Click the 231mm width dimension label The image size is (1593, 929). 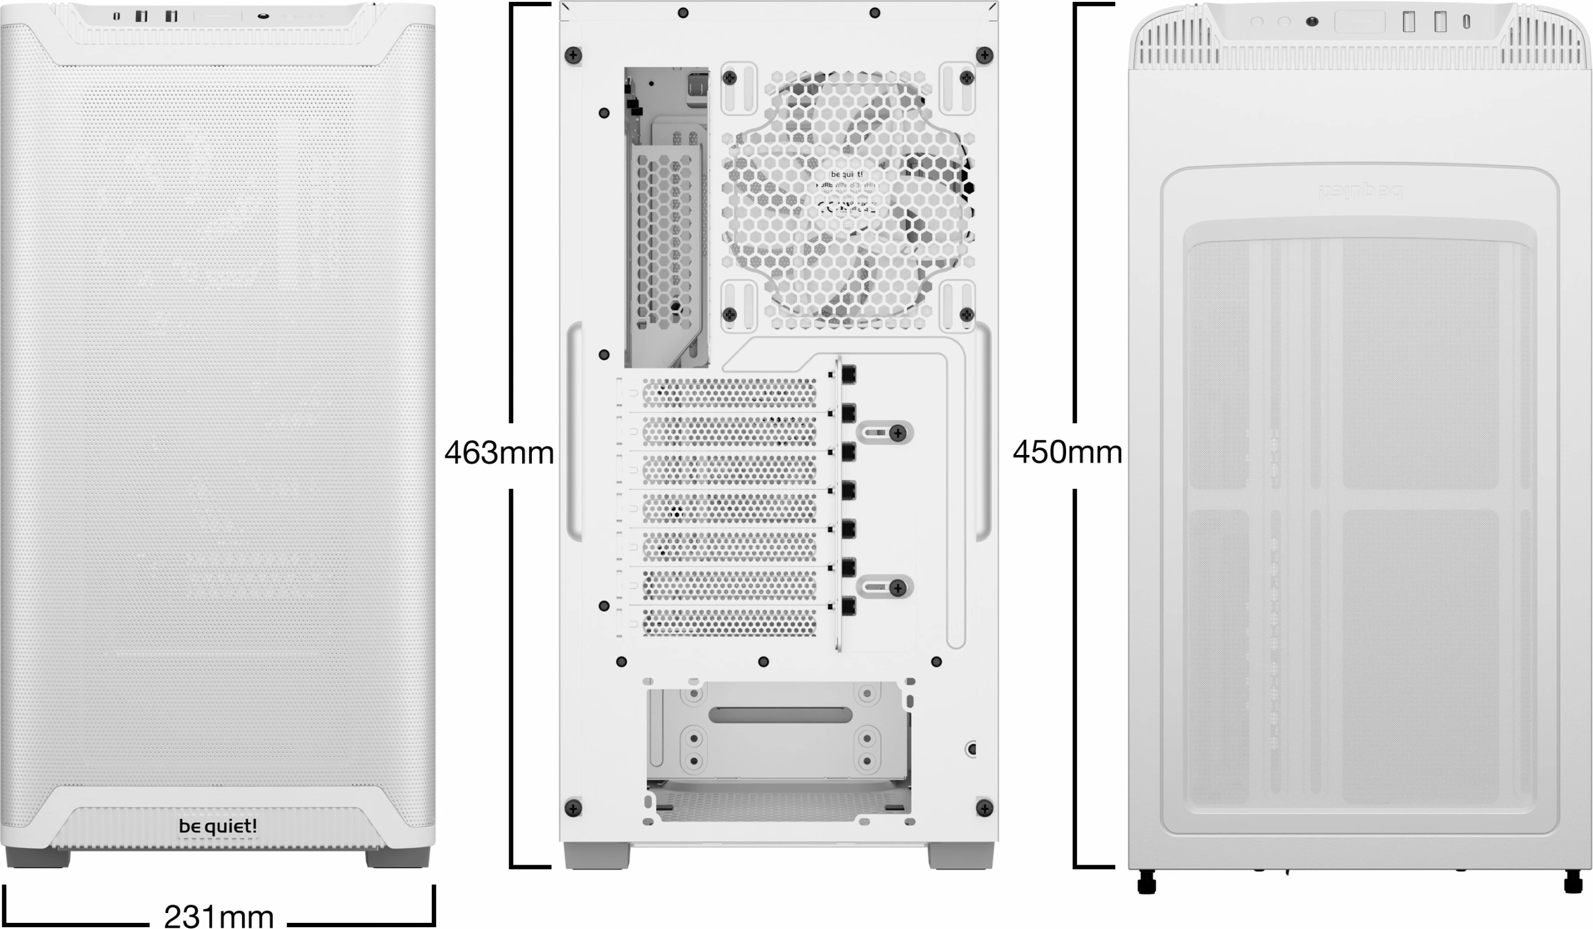click(219, 915)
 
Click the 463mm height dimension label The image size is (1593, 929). click(499, 453)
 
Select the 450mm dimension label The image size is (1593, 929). click(1067, 452)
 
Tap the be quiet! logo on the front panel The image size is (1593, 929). click(217, 826)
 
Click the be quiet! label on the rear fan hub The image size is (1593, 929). click(846, 174)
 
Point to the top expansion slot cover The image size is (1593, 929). click(729, 393)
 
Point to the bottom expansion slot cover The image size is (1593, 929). click(729, 622)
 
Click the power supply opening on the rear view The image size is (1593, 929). click(779, 752)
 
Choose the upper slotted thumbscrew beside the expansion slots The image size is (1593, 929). click(898, 433)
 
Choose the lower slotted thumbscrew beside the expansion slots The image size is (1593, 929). click(898, 588)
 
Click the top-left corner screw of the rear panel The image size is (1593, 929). click(573, 56)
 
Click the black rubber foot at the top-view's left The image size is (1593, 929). click(1146, 882)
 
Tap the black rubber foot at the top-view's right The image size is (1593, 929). click(1573, 882)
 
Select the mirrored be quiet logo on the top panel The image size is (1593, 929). click(1359, 190)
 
